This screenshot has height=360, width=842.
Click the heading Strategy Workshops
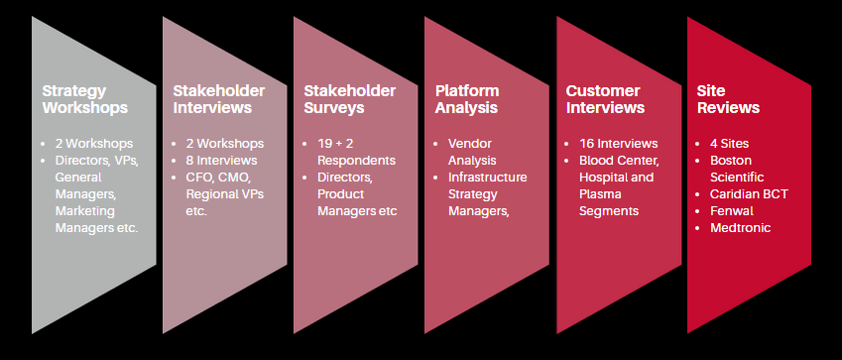point(85,99)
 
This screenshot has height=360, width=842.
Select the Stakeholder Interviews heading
point(219,99)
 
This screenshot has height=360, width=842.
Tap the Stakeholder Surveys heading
point(350,99)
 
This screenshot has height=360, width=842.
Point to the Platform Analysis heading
point(467,99)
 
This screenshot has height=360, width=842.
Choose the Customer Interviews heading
point(605,99)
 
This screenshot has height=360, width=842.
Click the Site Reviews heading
point(728,99)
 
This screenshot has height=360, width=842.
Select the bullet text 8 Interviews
point(222,160)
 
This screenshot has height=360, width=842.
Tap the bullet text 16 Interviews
point(619,144)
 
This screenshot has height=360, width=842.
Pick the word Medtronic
point(741,227)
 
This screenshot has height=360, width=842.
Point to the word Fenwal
point(732,210)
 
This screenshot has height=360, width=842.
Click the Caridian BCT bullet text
point(749,193)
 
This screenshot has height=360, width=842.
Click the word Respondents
point(357,160)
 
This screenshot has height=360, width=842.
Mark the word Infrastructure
point(488,177)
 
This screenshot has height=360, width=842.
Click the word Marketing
point(85,210)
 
